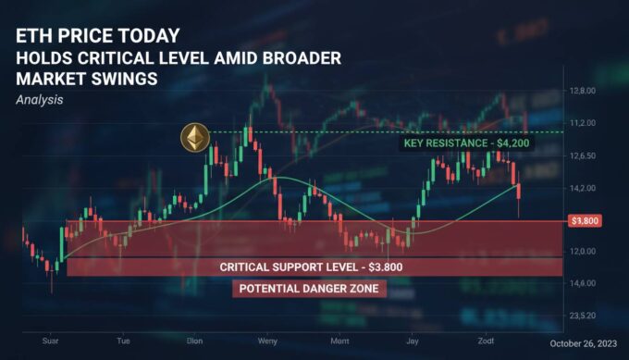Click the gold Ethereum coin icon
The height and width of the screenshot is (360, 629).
[x=194, y=140]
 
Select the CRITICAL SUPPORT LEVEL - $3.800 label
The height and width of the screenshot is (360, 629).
[x=310, y=267]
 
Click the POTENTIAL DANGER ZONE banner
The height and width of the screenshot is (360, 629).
[x=309, y=289]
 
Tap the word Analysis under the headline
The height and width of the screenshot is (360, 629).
[x=39, y=98]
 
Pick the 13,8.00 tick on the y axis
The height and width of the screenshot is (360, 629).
[x=581, y=91]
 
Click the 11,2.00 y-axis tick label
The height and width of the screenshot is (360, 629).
[x=581, y=122]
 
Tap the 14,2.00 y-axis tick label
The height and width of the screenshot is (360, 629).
[x=581, y=188]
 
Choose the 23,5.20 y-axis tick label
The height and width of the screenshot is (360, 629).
[x=581, y=316]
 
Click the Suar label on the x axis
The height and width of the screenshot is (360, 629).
[x=52, y=341]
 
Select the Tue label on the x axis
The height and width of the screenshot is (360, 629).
[x=123, y=341]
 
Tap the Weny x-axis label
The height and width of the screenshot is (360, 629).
[x=267, y=341]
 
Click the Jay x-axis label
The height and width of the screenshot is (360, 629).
[x=412, y=341]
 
